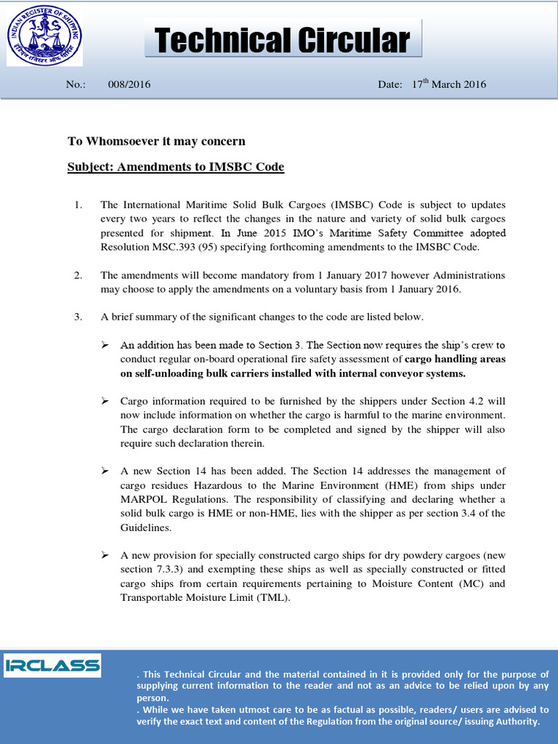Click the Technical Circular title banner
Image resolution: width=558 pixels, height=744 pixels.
[x=283, y=40]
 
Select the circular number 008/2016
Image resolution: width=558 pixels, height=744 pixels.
[x=129, y=84]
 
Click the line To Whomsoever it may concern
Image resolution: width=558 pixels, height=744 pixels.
[x=156, y=141]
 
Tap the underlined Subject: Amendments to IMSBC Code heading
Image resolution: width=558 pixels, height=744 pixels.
[x=176, y=167]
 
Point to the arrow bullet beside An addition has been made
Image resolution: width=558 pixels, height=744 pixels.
[x=105, y=345]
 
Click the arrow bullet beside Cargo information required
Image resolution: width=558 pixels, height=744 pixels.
[x=105, y=401]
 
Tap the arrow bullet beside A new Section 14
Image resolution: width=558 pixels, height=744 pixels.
[x=105, y=472]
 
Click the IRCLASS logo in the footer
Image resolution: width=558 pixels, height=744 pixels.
[x=52, y=665]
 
